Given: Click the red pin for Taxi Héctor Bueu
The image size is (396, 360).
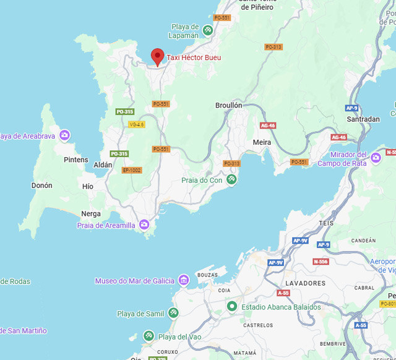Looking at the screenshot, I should [x=158, y=56].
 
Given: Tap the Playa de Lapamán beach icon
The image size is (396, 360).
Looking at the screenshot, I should [x=209, y=30].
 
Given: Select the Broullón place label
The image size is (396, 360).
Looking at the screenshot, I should [x=228, y=106].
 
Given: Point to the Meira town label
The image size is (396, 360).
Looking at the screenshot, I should [x=262, y=142].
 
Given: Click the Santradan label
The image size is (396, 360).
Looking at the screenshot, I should [x=363, y=119].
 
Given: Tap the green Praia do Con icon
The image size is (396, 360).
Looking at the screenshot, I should [x=231, y=179].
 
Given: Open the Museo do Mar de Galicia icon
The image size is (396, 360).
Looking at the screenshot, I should [x=183, y=281].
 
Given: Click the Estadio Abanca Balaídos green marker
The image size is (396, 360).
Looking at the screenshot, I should [x=232, y=307].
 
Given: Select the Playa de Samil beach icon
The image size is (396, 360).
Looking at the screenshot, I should [x=174, y=314].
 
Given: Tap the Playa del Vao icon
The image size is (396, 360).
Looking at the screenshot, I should [x=148, y=336].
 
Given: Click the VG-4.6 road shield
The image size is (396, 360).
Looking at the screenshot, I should [x=136, y=124].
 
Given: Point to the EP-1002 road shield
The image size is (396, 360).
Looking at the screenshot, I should [x=132, y=170].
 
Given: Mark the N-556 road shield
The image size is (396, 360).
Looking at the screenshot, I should [x=321, y=262].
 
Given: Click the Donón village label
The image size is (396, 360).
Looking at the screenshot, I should [x=41, y=186].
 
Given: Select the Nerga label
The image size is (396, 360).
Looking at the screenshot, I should [x=91, y=214].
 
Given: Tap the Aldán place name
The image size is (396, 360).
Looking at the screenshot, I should [x=103, y=165].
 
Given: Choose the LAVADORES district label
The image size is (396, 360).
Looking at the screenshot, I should [x=305, y=283].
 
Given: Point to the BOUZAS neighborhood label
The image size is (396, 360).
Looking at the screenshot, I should [x=207, y=274].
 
